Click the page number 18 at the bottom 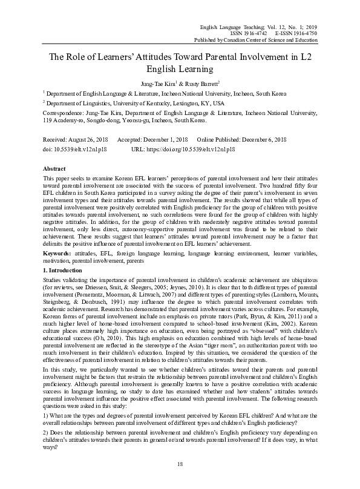tap(180, 463)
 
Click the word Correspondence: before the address tap(65, 113)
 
